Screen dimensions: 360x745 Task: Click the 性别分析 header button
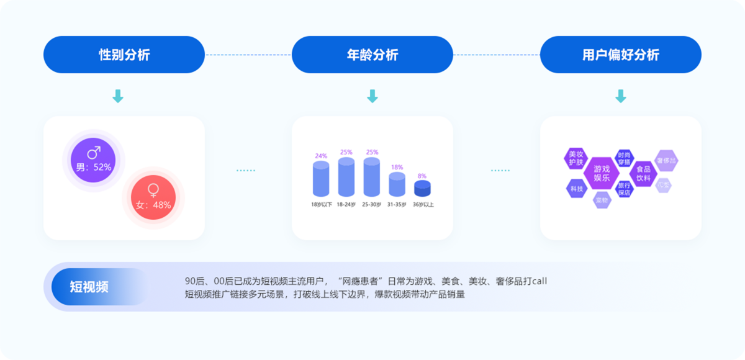pyautogui.click(x=124, y=55)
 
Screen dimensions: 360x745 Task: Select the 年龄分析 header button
pyautogui.click(x=372, y=55)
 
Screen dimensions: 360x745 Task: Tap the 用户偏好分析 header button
pyautogui.click(x=621, y=55)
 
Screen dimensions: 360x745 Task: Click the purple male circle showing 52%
pyautogui.click(x=93, y=160)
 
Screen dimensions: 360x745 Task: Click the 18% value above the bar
pyautogui.click(x=397, y=168)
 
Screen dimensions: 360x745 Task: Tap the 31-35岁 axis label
pyautogui.click(x=397, y=204)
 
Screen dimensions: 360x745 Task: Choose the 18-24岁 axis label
pyautogui.click(x=346, y=204)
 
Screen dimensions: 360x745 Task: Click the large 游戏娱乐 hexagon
pyautogui.click(x=602, y=173)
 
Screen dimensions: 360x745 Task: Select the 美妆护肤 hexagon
pyautogui.click(x=576, y=158)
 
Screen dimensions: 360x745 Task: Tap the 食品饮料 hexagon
pyautogui.click(x=643, y=173)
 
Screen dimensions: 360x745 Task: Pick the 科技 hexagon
pyautogui.click(x=576, y=188)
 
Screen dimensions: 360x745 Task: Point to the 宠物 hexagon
pyautogui.click(x=602, y=200)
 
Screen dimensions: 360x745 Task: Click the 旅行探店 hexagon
pyautogui.click(x=624, y=189)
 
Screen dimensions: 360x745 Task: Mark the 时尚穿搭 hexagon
pyautogui.click(x=624, y=158)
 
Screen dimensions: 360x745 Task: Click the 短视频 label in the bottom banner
pyautogui.click(x=89, y=287)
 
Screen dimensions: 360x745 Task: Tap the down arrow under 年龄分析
pyautogui.click(x=372, y=96)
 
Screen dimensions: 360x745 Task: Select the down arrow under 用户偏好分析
pyautogui.click(x=621, y=96)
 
